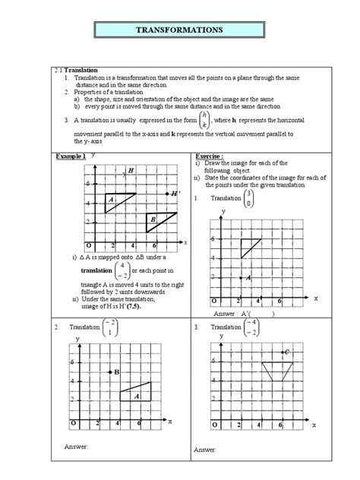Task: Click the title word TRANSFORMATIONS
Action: [x=179, y=30]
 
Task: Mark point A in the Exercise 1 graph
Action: [x=240, y=278]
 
